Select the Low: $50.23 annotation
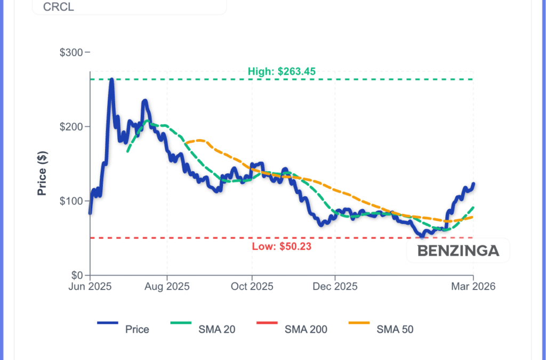pos(281,246)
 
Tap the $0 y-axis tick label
pos(78,275)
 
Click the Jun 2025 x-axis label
pos(90,287)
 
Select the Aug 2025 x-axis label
pos(167,287)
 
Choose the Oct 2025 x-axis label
pos(252,287)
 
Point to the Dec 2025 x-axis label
pos(335,287)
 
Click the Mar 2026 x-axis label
pos(473,287)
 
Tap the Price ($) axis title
pos(42,173)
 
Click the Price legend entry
pos(137,330)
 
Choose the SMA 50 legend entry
pos(395,330)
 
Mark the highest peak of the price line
pos(111,79)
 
